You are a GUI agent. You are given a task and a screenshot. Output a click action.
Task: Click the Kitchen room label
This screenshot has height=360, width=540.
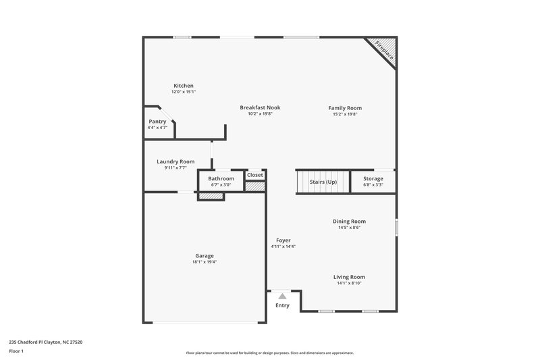tap(184, 86)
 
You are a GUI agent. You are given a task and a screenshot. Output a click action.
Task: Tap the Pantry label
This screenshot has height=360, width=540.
tap(157, 122)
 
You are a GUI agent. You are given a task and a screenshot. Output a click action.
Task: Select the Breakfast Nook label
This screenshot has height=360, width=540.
tap(260, 107)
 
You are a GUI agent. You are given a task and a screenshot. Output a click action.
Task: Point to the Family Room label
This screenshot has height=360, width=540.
tap(345, 108)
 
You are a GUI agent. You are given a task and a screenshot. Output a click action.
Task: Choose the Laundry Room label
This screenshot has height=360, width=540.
tap(175, 161)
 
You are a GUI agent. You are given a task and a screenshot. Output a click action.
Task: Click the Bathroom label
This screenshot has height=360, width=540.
tap(221, 178)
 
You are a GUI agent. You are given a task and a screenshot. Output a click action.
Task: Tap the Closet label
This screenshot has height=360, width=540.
tap(255, 175)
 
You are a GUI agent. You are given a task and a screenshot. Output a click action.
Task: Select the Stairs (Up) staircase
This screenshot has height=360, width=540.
tap(323, 182)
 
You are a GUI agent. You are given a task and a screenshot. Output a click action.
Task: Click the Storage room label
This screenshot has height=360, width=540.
tap(373, 179)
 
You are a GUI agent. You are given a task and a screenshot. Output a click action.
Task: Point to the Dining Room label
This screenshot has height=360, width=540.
tap(349, 222)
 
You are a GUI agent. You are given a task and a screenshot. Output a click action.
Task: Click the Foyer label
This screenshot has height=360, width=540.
tap(283, 240)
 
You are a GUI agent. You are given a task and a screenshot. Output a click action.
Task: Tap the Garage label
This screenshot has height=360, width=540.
tap(205, 255)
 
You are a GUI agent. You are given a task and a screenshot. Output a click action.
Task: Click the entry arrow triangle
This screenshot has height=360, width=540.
tap(282, 296)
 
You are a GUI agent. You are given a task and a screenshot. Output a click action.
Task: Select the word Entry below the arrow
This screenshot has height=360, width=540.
tap(282, 306)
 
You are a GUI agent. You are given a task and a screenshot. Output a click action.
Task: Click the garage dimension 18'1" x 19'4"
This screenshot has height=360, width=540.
tap(205, 261)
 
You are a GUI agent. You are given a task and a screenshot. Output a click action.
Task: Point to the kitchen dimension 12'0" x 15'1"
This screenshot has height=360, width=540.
tap(184, 92)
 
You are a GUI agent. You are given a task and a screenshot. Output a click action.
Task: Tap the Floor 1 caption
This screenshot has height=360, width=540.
tap(16, 352)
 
